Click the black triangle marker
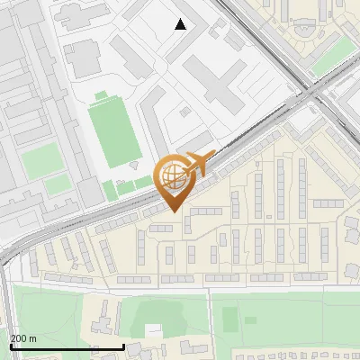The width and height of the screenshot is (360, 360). [181, 24]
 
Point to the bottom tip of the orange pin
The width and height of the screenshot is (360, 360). [174, 211]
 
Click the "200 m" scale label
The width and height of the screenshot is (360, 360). [23, 337]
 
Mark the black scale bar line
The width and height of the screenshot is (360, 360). [67, 346]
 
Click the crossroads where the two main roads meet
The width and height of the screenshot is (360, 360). [310, 91]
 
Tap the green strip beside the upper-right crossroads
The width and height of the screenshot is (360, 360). [332, 57]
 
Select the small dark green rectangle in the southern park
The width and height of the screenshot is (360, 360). [230, 319]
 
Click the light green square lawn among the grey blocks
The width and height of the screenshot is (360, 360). [40, 161]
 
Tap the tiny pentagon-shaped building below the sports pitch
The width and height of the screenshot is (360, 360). [134, 166]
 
